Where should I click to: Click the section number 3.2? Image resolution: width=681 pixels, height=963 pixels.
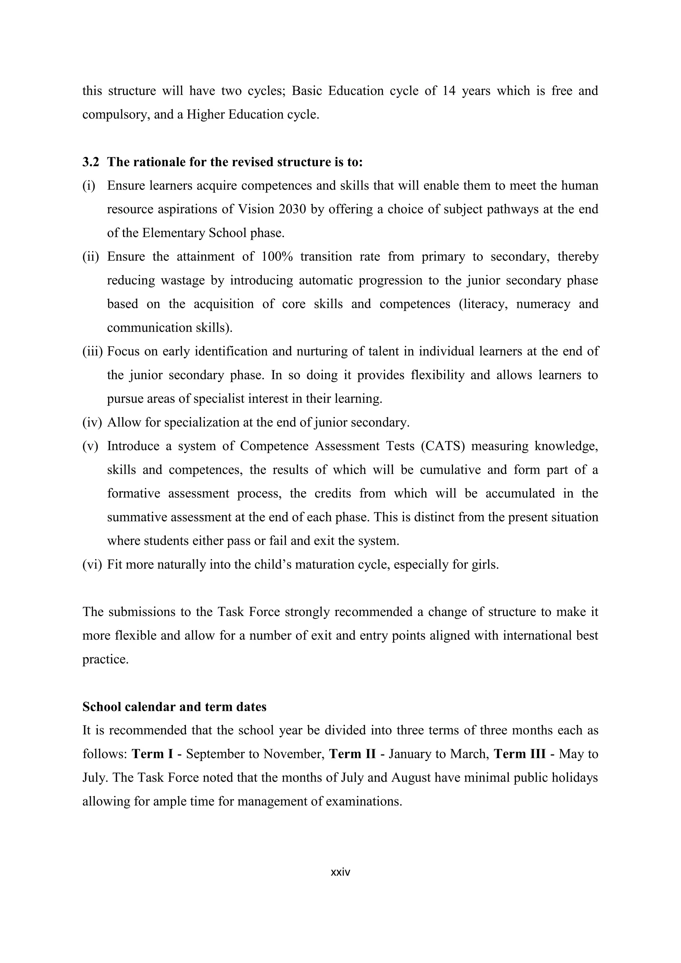[90, 162]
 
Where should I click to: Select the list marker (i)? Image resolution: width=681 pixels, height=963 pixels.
[89, 185]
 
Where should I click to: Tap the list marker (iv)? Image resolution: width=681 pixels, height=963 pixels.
[92, 422]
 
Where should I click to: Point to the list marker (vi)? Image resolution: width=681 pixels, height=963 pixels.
[92, 564]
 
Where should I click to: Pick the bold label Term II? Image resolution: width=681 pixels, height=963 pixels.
[352, 754]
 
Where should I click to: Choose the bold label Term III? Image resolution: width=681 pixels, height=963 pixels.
[519, 754]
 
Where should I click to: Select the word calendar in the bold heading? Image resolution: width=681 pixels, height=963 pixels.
[148, 707]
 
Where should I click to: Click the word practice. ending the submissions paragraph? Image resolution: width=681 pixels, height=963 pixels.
[105, 659]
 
